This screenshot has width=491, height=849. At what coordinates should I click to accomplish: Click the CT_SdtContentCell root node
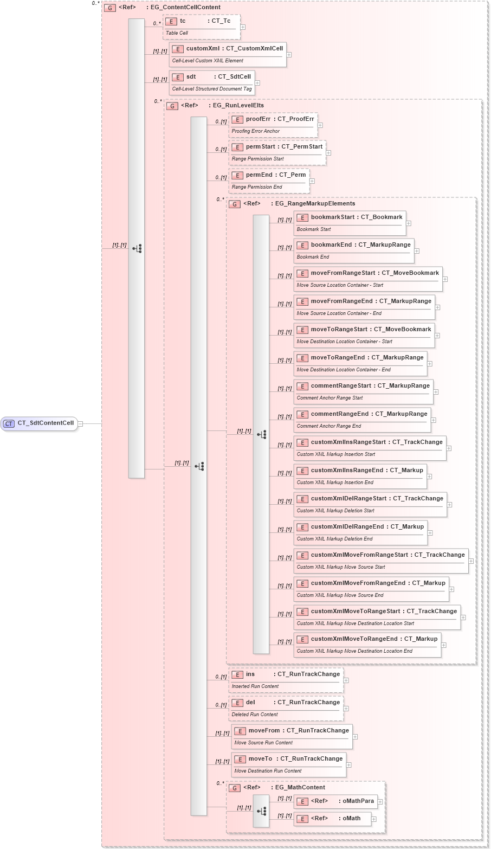coord(40,423)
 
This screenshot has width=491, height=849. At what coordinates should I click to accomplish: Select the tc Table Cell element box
coord(201,27)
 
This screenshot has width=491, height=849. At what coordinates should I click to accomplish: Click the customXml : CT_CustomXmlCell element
coord(227,54)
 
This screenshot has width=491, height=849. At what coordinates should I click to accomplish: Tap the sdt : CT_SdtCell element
coord(211,82)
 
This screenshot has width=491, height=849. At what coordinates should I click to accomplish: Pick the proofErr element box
coord(273,125)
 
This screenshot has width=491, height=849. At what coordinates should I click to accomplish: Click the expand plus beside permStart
coord(328,153)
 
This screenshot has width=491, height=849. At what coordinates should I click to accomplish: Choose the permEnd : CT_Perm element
coord(269,181)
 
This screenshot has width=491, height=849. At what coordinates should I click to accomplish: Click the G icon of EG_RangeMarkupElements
coord(235,204)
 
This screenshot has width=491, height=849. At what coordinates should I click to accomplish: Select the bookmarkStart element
coord(350,223)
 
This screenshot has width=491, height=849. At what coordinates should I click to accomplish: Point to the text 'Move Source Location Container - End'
coord(339,313)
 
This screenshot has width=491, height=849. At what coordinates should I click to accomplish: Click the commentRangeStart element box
coord(363,391)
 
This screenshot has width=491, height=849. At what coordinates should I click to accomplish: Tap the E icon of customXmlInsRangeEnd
coord(302,471)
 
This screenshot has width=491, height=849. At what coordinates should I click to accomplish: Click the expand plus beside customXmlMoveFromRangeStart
coord(471,561)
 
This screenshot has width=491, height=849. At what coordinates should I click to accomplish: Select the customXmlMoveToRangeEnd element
coord(367,645)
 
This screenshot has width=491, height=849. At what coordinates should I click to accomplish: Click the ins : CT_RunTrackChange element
coord(286,680)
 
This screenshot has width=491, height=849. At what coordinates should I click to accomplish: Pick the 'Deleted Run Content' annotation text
coord(255,715)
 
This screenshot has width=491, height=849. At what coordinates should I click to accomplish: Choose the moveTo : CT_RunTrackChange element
coord(288,764)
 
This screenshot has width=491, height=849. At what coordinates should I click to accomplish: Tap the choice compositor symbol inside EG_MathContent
coord(261,811)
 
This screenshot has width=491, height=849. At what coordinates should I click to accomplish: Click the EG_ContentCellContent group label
coord(185,8)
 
